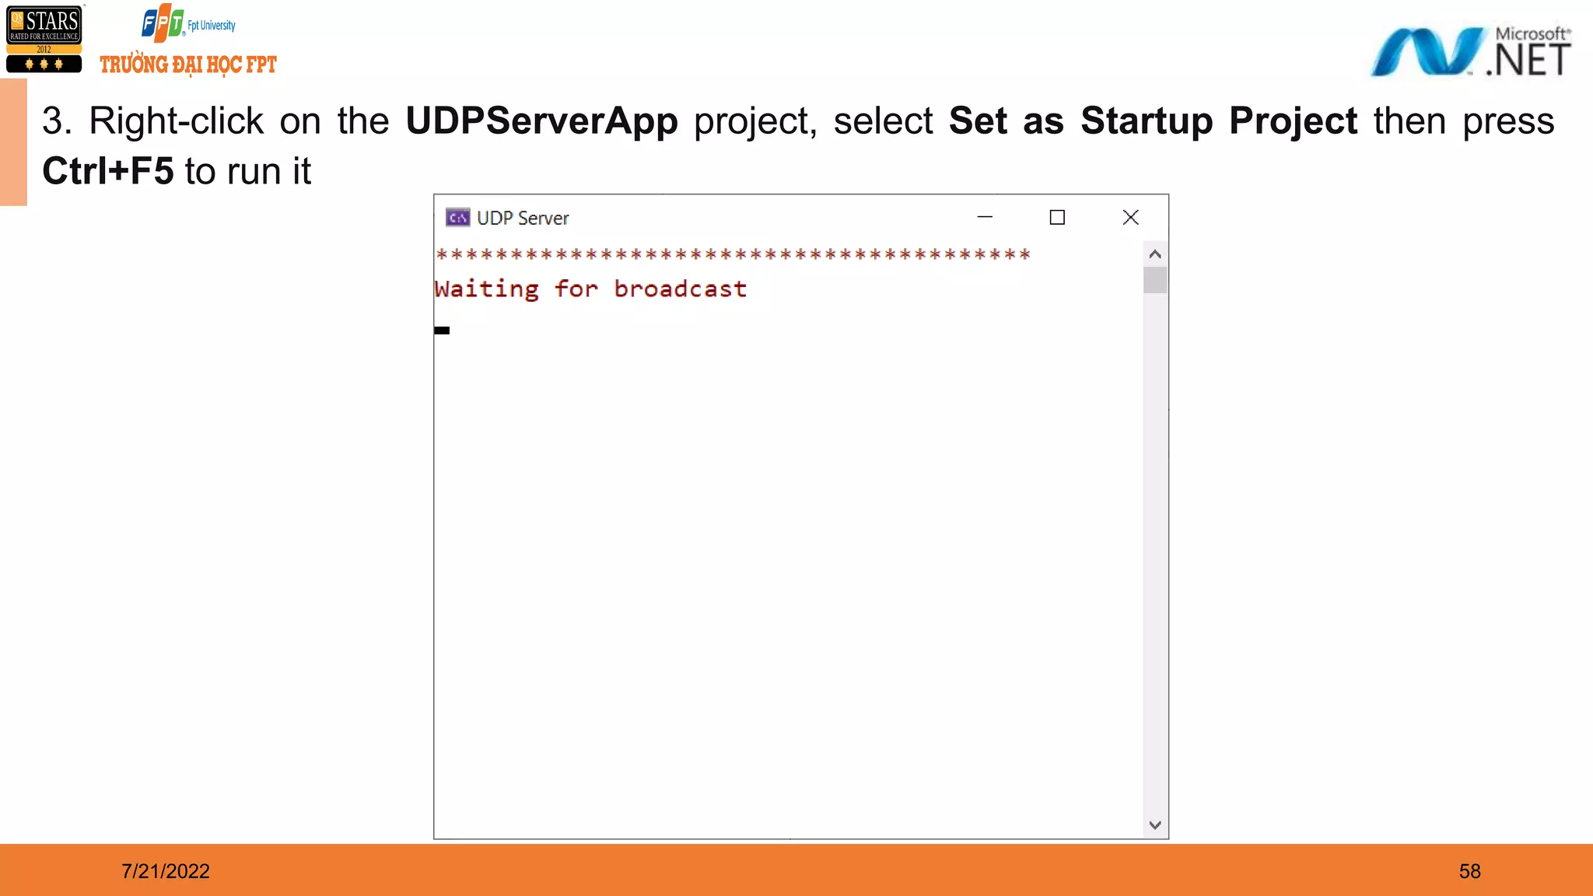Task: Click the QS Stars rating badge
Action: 44,39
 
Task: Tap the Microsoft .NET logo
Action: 1470,52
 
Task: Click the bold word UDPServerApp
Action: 541,121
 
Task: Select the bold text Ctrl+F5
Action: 108,171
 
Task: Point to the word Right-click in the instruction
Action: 176,121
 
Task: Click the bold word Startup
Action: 1147,121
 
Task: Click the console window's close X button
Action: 1130,218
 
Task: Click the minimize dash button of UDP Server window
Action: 985,218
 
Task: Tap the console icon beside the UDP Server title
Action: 457,218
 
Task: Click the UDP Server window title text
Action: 523,219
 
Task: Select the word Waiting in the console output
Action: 487,289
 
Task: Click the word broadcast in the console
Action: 680,289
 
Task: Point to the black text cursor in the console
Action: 442,331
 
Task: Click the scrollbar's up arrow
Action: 1155,254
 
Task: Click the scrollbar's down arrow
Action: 1155,825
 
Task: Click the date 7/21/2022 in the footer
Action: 166,871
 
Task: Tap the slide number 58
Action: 1469,871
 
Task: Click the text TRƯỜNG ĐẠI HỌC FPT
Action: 188,65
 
